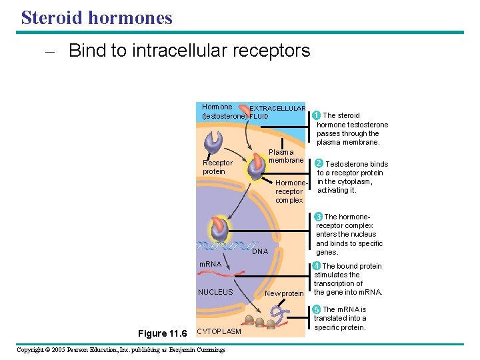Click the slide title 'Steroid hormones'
pyautogui.click(x=97, y=17)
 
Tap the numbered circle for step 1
pyautogui.click(x=317, y=115)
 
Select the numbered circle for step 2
pyautogui.click(x=319, y=163)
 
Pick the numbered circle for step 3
pyautogui.click(x=319, y=217)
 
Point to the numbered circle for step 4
pyautogui.click(x=317, y=266)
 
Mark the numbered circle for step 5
pyautogui.click(x=317, y=309)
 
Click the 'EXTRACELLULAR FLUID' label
pyautogui.click(x=277, y=112)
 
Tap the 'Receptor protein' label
pyautogui.click(x=217, y=167)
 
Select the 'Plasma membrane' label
pyautogui.click(x=286, y=156)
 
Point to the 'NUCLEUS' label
pyautogui.click(x=215, y=292)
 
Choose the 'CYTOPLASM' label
pyautogui.click(x=220, y=331)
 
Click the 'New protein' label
pyautogui.click(x=283, y=294)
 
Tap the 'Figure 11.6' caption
pyautogui.click(x=162, y=333)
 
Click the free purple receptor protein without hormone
pyautogui.click(x=215, y=141)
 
